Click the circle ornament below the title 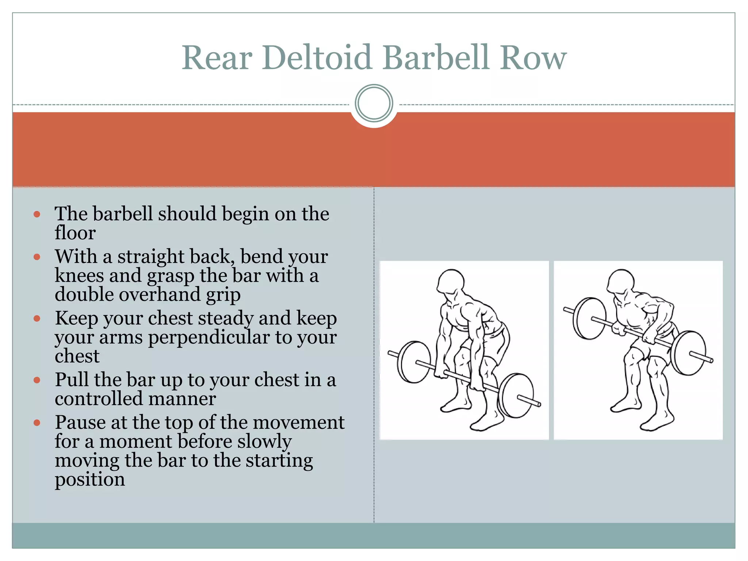pos(374,103)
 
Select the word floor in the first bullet pos(75,233)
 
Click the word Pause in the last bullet pos(80,423)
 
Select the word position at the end pos(90,480)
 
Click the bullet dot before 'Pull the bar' pos(37,380)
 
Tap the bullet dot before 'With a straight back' pos(37,257)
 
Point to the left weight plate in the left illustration pos(414,362)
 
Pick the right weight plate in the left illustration pos(516,395)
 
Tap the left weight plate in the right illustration pos(589,318)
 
